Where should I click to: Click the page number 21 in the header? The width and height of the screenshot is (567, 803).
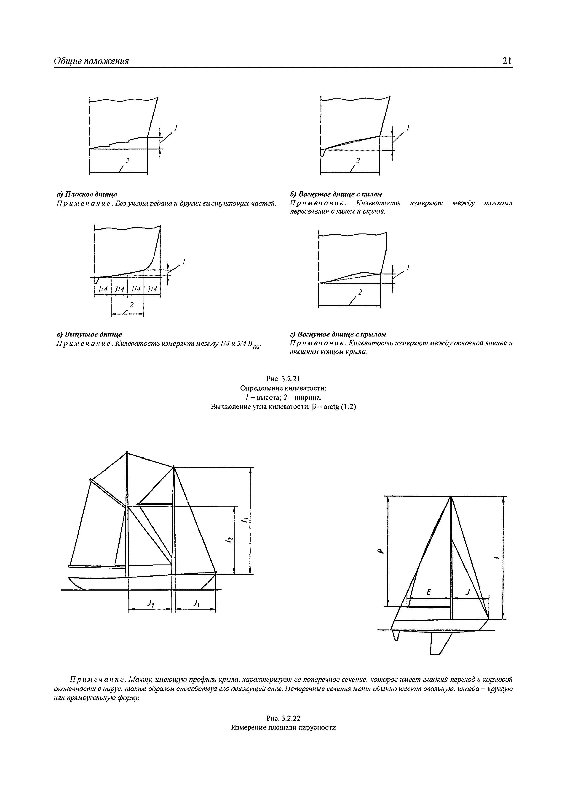point(507,61)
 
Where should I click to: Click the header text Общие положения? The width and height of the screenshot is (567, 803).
point(91,61)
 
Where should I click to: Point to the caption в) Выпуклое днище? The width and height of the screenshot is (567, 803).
point(89,334)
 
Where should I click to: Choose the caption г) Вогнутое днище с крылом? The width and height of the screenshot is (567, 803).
point(338,334)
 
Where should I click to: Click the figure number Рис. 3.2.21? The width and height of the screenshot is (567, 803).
point(283,379)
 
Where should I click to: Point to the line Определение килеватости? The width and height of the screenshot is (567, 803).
point(283,388)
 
